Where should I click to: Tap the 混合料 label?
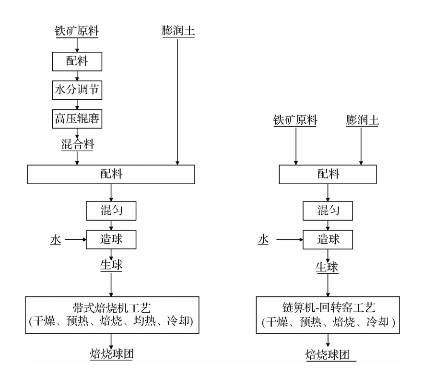click(77, 144)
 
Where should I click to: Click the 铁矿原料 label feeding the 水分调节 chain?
click(77, 31)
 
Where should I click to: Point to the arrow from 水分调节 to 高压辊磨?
click(77, 105)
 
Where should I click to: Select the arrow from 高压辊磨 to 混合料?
click(77, 133)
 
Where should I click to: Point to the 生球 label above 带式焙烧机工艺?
click(111, 265)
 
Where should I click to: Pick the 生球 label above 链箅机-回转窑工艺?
click(327, 267)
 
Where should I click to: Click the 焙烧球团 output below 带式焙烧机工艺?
click(112, 354)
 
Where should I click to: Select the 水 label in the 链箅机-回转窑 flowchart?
click(263, 239)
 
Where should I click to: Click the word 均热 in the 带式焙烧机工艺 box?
click(144, 321)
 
